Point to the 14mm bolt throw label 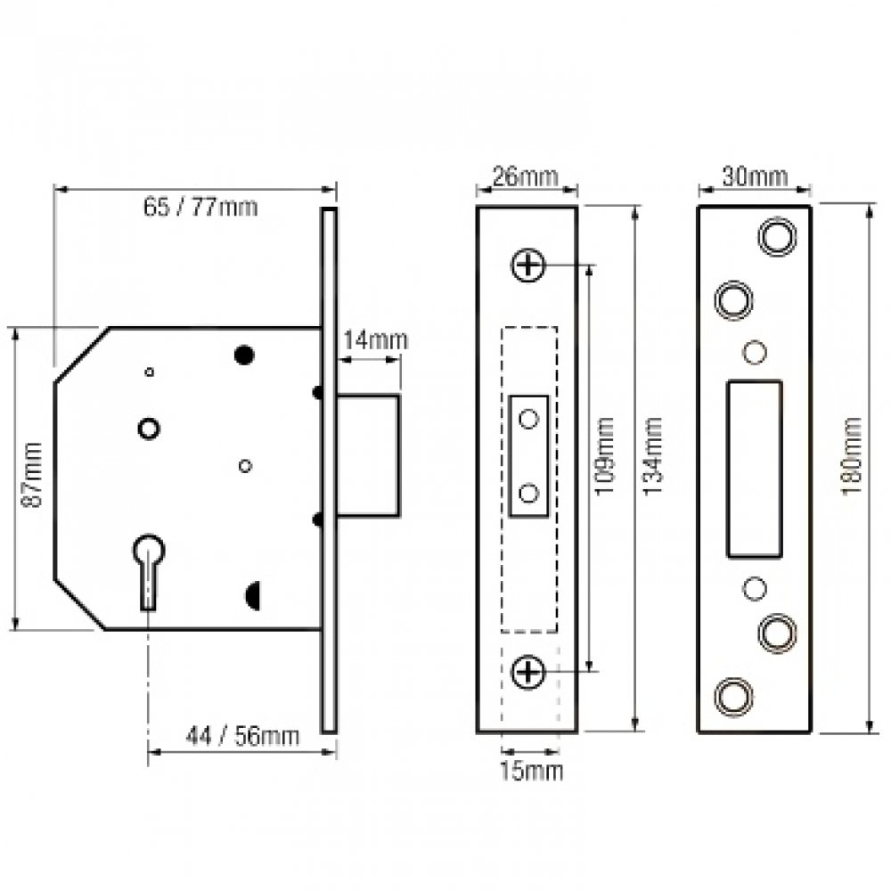point(375,339)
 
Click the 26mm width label point(526,176)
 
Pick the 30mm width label point(755,176)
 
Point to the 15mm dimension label point(531,771)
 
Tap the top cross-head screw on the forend point(528,265)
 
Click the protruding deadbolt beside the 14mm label point(367,454)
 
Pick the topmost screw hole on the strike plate point(775,235)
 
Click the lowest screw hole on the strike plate point(733,696)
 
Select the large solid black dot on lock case point(243,355)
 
